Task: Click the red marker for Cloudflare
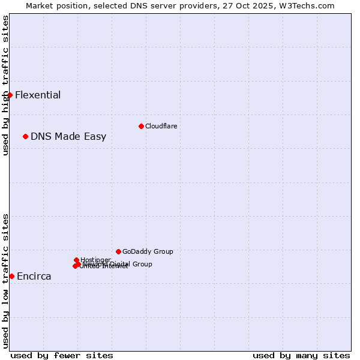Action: point(141,126)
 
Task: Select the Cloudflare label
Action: point(161,126)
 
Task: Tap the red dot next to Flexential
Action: point(10,95)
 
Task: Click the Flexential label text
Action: point(38,95)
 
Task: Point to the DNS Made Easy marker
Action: point(25,136)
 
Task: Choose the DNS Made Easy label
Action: point(68,136)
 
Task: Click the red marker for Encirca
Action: point(11,276)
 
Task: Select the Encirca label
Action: point(34,277)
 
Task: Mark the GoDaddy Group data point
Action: point(118,251)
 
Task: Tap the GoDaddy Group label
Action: point(148,251)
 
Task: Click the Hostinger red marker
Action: point(76,260)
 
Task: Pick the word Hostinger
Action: point(96,260)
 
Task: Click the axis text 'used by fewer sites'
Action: point(62,355)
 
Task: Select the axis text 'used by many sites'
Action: point(301,355)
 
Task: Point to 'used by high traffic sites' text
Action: point(5,85)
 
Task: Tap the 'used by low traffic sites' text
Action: point(5,280)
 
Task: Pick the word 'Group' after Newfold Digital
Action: point(142,264)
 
